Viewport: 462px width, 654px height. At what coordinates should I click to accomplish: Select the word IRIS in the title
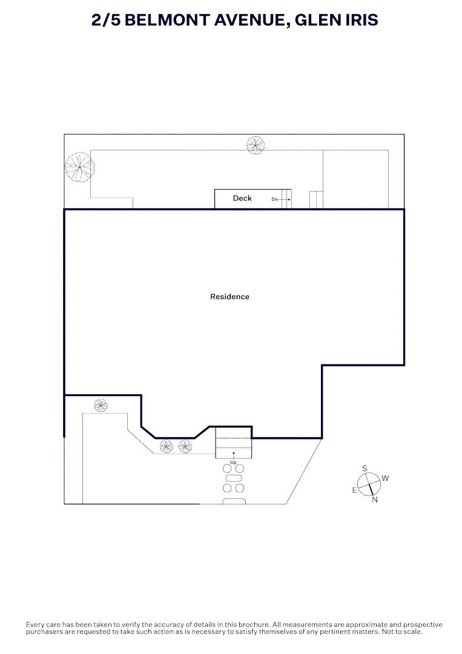click(x=358, y=20)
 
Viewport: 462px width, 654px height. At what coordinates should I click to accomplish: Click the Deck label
click(x=242, y=198)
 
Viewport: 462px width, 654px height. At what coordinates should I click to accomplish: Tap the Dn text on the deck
click(x=274, y=199)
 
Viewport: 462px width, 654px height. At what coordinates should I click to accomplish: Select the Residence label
click(x=229, y=297)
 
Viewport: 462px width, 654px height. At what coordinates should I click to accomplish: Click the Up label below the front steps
click(x=233, y=463)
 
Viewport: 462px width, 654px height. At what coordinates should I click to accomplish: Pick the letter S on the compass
click(x=365, y=468)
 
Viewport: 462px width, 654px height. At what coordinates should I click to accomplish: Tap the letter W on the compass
click(x=385, y=478)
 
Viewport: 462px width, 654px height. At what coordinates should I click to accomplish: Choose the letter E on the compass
click(x=355, y=490)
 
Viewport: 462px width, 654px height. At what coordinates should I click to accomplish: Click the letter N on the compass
click(x=375, y=500)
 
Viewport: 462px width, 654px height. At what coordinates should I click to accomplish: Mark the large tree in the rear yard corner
click(x=80, y=166)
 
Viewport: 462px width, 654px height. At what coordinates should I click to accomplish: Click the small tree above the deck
click(x=256, y=144)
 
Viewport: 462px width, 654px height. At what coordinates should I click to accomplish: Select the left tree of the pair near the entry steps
click(x=167, y=447)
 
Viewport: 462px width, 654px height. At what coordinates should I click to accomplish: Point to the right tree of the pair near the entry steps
click(x=185, y=447)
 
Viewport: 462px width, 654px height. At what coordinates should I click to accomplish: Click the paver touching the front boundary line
click(x=234, y=501)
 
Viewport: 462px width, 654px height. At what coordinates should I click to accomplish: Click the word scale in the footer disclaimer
click(x=411, y=632)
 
